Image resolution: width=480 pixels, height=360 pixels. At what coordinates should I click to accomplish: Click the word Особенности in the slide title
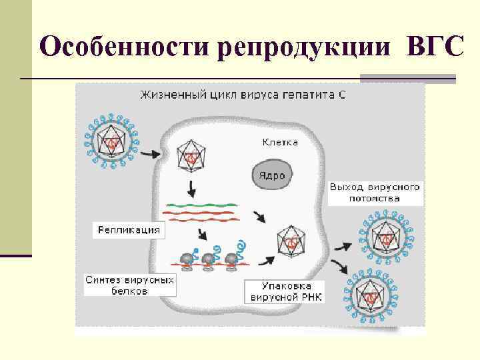(x=125, y=48)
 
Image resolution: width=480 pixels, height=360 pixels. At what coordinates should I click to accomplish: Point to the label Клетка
(x=279, y=142)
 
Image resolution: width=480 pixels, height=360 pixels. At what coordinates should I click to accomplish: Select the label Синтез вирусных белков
(x=129, y=286)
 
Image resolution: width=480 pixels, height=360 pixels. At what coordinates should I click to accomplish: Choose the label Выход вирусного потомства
(x=375, y=192)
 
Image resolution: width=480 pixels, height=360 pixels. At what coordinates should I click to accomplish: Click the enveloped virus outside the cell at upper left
(x=111, y=142)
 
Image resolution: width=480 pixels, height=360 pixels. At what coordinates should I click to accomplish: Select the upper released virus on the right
(x=385, y=235)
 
